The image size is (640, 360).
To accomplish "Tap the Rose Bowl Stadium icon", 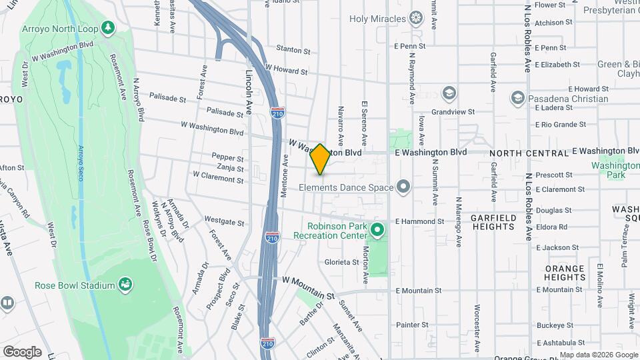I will click(x=125, y=285).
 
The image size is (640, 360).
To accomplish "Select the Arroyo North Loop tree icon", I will click(x=107, y=27).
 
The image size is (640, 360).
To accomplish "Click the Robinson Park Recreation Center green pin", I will click(x=377, y=231).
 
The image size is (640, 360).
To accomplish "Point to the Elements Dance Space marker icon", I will click(x=403, y=187).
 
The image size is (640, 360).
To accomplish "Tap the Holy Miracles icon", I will click(x=417, y=17).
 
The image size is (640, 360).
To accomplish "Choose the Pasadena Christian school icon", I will click(x=517, y=99).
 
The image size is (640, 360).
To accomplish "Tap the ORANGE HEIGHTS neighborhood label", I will click(x=564, y=273).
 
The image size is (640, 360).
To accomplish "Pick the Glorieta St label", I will click(x=342, y=262).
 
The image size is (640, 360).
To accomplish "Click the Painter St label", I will click(x=411, y=325).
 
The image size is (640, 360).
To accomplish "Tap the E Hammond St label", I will click(x=419, y=221).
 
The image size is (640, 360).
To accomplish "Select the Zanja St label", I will click(x=230, y=168).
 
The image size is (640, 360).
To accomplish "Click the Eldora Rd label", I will click(x=551, y=227).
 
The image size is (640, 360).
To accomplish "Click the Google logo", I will click(x=21, y=351).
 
